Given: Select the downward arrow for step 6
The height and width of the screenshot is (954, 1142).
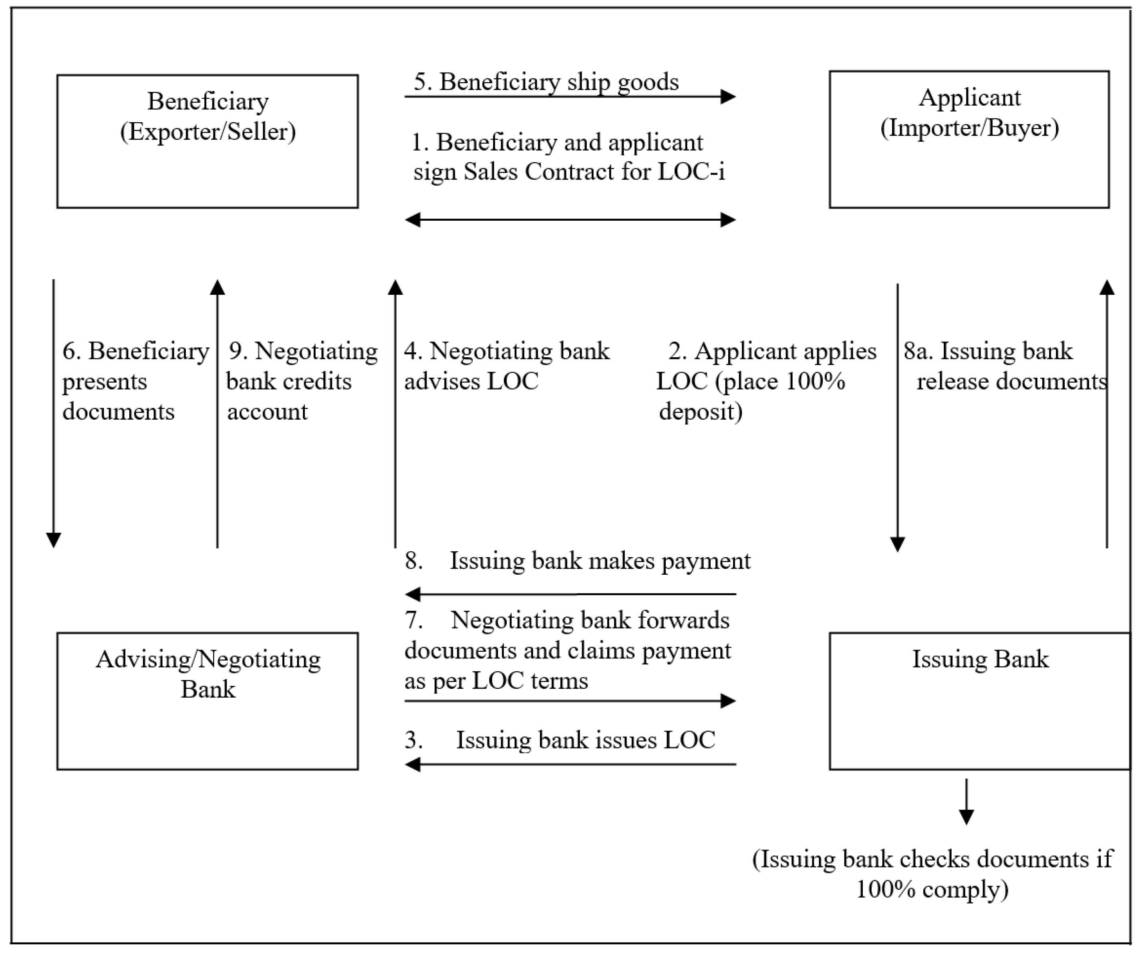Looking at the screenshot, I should pyautogui.click(x=53, y=413).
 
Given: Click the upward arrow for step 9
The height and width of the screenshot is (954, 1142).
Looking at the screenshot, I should pyautogui.click(x=218, y=413).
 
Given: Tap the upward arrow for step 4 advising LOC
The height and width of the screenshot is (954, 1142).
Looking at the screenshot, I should pyautogui.click(x=395, y=413).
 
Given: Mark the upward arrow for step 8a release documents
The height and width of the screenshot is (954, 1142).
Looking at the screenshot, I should pyautogui.click(x=1107, y=413).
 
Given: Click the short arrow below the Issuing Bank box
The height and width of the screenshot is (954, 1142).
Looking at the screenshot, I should pyautogui.click(x=966, y=801).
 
